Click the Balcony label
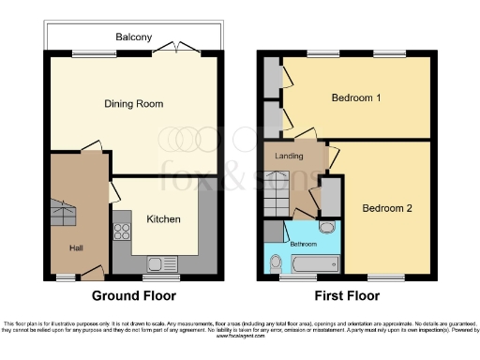click(134, 37)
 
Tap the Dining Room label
click(134, 104)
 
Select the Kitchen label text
click(163, 219)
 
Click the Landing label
click(289, 156)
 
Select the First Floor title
click(348, 295)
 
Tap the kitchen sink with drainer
click(156, 262)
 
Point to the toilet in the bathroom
click(275, 262)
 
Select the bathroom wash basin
click(325, 227)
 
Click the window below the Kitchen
click(156, 277)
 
